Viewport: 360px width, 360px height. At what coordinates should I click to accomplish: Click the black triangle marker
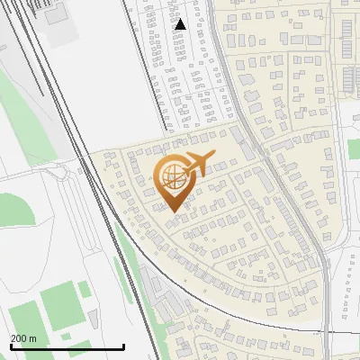tap(181, 24)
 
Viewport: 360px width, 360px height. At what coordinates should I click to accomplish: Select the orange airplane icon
tap(200, 163)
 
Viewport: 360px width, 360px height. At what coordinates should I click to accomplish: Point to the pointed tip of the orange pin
tap(172, 212)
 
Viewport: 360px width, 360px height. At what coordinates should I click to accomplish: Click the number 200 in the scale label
tap(19, 338)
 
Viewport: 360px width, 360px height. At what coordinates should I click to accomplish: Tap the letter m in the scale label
tap(33, 338)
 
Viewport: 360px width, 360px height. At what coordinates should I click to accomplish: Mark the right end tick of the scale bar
tap(123, 346)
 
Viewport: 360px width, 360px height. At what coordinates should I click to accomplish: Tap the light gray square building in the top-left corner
tap(57, 13)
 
